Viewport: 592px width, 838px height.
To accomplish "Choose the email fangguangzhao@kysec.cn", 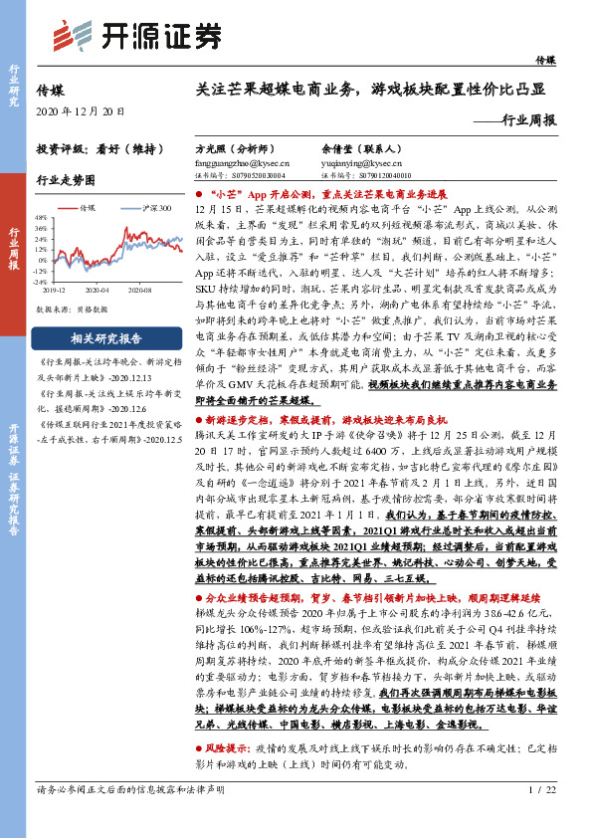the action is (x=241, y=161).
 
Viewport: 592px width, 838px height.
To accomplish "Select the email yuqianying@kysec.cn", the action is (x=357, y=161).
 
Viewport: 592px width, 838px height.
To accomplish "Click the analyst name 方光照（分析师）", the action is (x=237, y=145).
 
